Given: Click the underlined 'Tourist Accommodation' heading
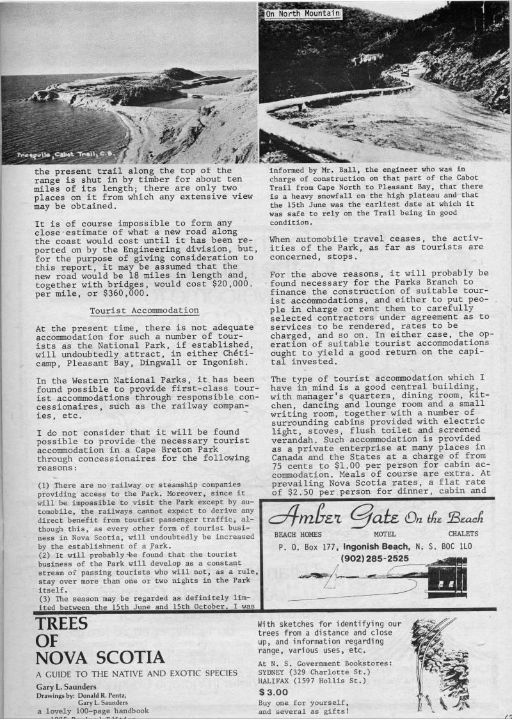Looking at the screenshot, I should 144,310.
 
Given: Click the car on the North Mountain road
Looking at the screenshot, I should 405,72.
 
